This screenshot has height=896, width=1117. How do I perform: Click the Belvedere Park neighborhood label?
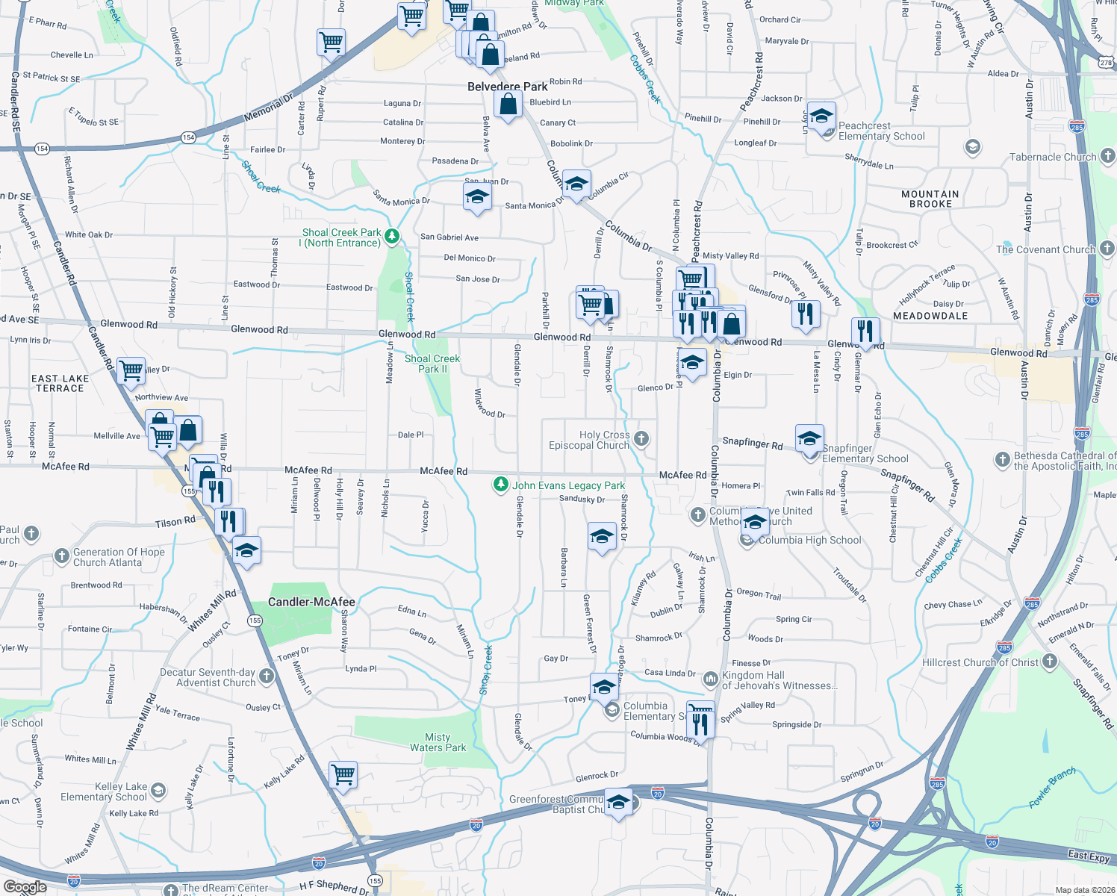tap(508, 87)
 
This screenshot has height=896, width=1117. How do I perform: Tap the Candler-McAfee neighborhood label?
tap(311, 602)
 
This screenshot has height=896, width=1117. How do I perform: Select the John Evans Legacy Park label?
tap(568, 485)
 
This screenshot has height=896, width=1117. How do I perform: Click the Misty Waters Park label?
tap(438, 742)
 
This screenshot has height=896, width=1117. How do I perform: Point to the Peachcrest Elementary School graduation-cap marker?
tap(821, 117)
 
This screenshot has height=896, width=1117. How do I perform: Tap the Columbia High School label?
tap(809, 540)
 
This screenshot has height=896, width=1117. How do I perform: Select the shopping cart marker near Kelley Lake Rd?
tap(343, 775)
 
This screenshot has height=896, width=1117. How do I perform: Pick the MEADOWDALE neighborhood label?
tap(930, 316)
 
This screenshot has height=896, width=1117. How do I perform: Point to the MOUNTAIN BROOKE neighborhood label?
tap(930, 199)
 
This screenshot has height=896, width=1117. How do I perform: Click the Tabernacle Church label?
tap(1053, 157)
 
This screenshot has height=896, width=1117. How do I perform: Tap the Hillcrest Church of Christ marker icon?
tap(1050, 661)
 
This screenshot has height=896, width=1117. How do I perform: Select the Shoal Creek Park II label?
tap(432, 364)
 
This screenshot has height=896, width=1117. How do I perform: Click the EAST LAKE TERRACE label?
tap(60, 383)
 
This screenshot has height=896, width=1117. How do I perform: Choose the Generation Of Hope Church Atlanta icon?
tap(62, 556)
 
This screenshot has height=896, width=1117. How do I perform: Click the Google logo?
tap(25, 887)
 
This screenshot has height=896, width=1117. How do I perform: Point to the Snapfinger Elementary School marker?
tap(809, 440)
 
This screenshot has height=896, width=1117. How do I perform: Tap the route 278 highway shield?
tap(1107, 63)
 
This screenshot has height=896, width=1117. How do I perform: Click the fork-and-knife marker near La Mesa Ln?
tap(805, 314)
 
